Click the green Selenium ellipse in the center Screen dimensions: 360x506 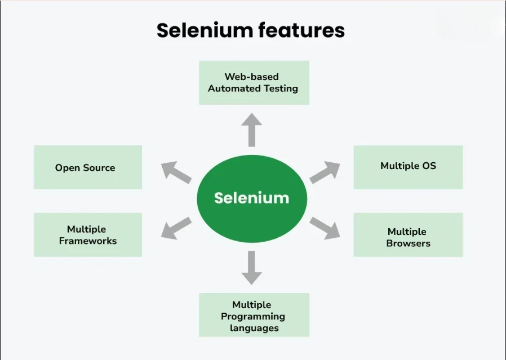[251, 198]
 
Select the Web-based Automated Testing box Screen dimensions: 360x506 [254, 83]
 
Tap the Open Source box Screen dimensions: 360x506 [88, 167]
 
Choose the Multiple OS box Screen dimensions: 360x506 [408, 167]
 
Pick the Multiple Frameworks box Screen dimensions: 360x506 [88, 235]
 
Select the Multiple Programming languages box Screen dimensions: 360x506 [254, 316]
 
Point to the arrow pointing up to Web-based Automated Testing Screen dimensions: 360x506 [251, 129]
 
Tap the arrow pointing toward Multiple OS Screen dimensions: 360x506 [325, 172]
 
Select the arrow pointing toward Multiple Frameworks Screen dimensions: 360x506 [176, 227]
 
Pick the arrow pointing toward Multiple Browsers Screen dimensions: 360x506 [326, 227]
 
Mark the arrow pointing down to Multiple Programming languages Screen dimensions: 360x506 [251, 268]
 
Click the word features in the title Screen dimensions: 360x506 [300, 30]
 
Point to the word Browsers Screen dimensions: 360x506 [408, 243]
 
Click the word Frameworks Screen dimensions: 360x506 [88, 241]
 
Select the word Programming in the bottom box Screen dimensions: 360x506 [253, 317]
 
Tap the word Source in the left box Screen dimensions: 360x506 [99, 167]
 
